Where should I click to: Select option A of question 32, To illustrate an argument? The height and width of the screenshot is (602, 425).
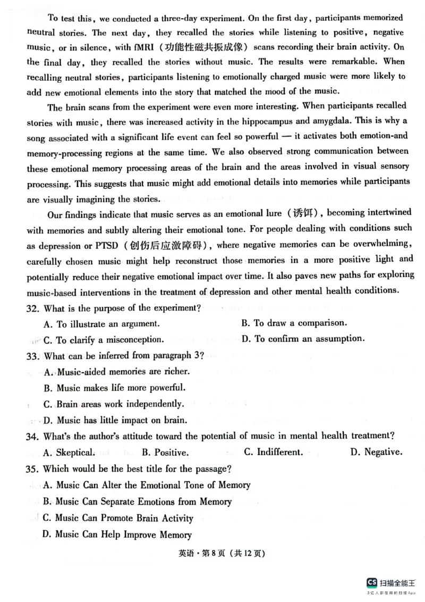(101, 324)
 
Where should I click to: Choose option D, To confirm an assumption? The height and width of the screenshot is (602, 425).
(303, 338)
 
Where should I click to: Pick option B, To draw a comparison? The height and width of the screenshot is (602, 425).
(294, 323)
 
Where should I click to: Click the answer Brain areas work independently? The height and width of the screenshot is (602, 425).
(114, 404)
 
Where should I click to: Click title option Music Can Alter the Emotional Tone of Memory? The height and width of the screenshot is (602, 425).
(146, 485)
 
